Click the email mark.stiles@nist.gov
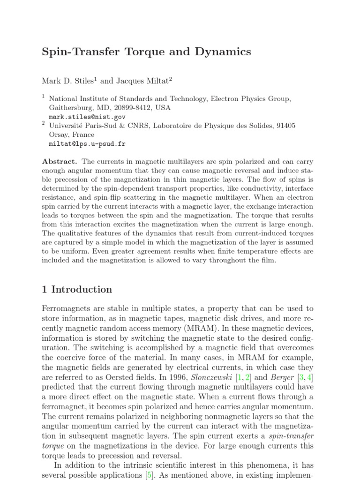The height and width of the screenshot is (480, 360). pos(87,117)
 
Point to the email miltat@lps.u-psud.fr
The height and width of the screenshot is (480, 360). pos(87,144)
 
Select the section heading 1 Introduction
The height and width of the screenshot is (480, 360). pos(77,289)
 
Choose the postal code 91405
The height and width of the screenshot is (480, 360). pos(285,126)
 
